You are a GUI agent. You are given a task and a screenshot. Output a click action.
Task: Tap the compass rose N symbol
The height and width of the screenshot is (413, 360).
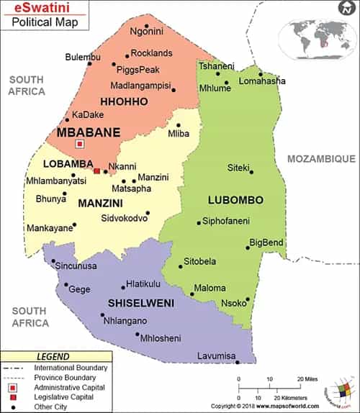(x=348, y=7)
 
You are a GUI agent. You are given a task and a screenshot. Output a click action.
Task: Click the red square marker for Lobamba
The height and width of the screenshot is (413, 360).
(x=97, y=171)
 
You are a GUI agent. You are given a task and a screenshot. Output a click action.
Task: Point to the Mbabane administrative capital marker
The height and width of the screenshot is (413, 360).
(x=79, y=144)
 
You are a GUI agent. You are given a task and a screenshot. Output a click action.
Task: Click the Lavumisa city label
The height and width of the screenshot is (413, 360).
(x=217, y=356)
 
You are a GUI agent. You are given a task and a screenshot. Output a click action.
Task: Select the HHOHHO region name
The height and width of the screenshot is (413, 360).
(x=124, y=101)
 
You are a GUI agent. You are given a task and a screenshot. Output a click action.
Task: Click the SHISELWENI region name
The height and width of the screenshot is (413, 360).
(x=141, y=303)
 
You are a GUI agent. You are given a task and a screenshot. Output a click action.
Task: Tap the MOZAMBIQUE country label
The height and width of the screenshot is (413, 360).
(x=321, y=158)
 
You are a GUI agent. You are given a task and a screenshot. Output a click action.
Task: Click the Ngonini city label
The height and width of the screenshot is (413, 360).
(x=146, y=31)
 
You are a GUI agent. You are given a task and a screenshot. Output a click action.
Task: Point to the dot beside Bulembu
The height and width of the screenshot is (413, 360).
(x=90, y=63)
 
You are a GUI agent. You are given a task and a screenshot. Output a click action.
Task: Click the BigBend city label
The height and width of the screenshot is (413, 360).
(x=266, y=242)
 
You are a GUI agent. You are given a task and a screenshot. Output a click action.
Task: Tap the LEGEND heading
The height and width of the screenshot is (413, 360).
(x=53, y=356)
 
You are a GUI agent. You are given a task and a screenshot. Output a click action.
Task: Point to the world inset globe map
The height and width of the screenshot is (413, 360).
(x=317, y=37)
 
